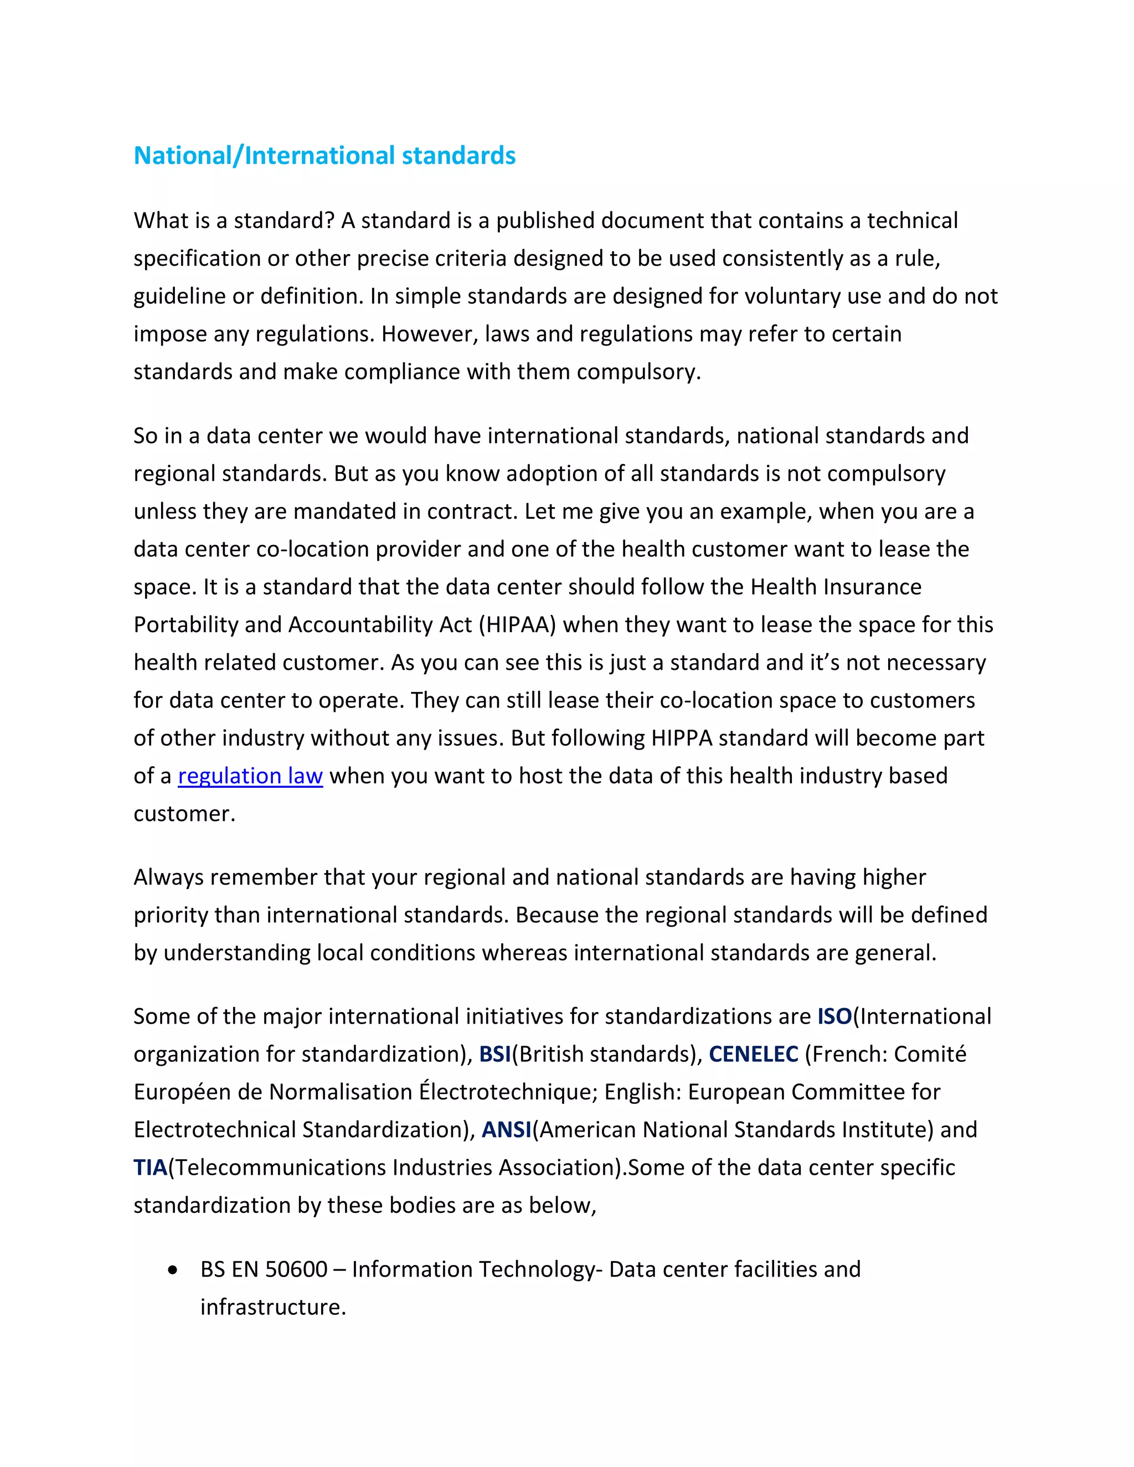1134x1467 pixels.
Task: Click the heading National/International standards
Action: click(x=324, y=156)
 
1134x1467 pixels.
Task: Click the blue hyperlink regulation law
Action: click(x=250, y=776)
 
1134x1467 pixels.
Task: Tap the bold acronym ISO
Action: click(x=834, y=1016)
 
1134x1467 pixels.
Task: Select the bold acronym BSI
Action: click(x=495, y=1054)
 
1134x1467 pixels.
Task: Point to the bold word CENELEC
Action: click(x=753, y=1054)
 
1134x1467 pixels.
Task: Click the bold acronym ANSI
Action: click(x=507, y=1130)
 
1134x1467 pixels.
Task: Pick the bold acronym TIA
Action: click(x=150, y=1168)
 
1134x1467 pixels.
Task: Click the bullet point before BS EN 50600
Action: click(x=174, y=1270)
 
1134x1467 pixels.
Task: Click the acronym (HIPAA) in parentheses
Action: click(x=517, y=624)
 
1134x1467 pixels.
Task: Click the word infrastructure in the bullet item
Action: click(x=273, y=1307)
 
